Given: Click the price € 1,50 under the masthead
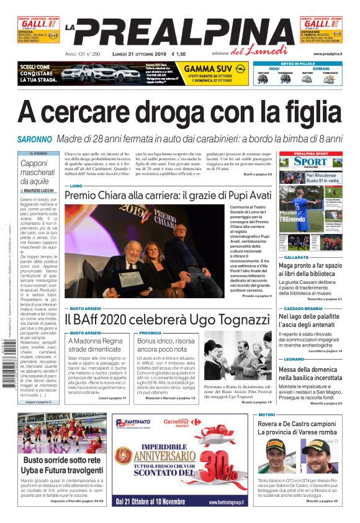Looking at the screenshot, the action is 179,55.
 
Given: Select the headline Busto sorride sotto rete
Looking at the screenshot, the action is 62,460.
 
